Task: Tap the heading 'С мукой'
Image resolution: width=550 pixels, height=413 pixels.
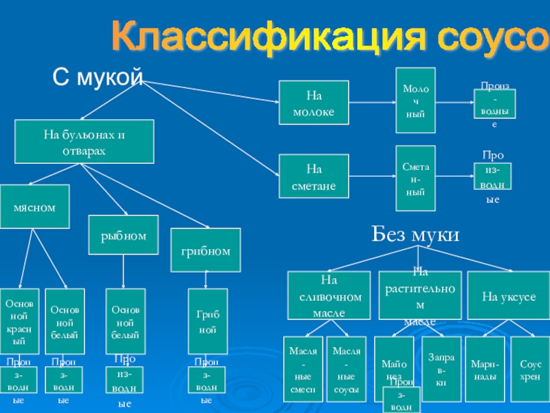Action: pos(98,78)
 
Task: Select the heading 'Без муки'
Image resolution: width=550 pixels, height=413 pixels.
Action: pos(415,235)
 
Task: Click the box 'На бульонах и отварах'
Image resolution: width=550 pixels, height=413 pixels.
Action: pos(85,141)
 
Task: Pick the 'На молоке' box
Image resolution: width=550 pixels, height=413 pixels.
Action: pos(313,103)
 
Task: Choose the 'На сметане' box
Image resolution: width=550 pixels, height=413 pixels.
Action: pos(313,176)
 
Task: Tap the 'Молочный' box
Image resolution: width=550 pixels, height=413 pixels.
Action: pos(415,100)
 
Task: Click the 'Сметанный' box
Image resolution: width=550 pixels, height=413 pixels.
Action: pos(415,178)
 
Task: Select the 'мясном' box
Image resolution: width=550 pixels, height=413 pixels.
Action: pos(34,206)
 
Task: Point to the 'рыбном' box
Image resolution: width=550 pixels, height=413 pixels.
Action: pos(124,235)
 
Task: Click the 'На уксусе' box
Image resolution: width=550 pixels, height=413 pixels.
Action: pos(509,295)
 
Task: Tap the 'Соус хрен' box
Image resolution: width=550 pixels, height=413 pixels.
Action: pos(531,369)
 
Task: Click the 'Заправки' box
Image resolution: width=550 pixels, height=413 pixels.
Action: pos(441,369)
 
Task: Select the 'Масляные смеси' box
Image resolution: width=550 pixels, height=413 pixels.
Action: pos(302,369)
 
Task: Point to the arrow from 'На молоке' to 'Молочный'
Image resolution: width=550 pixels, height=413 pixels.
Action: pos(372,103)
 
